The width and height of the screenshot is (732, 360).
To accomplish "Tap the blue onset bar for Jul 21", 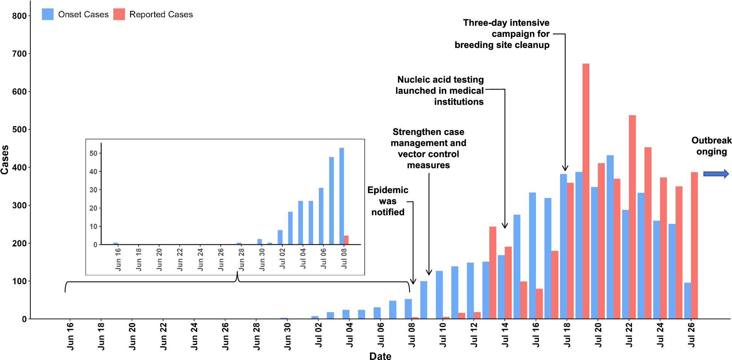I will click(x=610, y=237).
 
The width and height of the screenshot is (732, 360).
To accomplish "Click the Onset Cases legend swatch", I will click(x=47, y=14).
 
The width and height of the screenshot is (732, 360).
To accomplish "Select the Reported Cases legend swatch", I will click(x=119, y=14).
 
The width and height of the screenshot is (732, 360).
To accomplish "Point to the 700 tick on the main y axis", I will click(x=19, y=54).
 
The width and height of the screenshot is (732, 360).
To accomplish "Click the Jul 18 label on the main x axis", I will click(x=567, y=335).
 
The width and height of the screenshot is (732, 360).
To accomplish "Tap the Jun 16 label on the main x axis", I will click(x=70, y=336).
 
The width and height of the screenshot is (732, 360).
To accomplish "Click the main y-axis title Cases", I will click(x=5, y=160).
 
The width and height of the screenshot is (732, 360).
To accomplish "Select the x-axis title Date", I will click(x=380, y=356).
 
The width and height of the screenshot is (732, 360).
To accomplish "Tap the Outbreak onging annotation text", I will click(x=711, y=146).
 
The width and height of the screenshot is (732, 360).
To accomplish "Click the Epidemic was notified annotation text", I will click(x=388, y=201).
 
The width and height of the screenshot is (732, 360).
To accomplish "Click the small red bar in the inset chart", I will click(x=346, y=240).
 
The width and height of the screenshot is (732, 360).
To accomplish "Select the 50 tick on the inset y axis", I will click(x=93, y=153).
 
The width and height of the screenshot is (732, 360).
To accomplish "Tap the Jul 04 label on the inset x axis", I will click(x=303, y=258).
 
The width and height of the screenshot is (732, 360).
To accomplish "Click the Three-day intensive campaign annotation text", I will click(x=502, y=34).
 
